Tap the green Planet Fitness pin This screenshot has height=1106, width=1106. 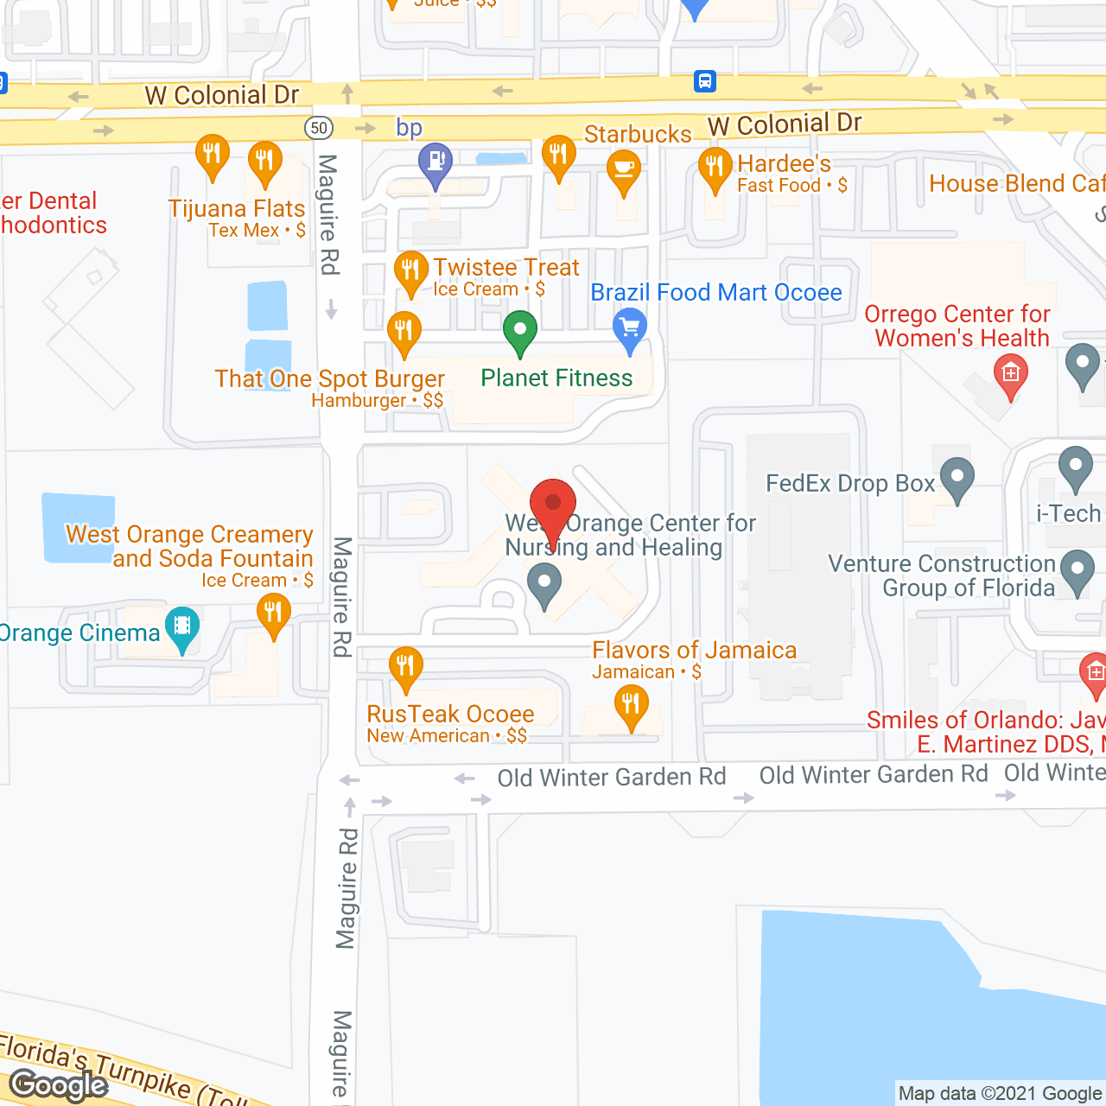click(520, 332)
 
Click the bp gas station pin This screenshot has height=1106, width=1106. click(435, 162)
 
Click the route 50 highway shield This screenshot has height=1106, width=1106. click(319, 128)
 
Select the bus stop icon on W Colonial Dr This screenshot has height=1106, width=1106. click(705, 81)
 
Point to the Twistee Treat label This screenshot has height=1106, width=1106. click(506, 268)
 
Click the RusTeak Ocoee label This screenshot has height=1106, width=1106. click(450, 715)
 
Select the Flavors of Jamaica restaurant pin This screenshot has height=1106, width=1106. click(632, 706)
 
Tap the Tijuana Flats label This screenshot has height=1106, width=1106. click(237, 209)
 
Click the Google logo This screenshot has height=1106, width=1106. click(59, 1085)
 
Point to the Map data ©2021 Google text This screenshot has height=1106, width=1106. click(1000, 1094)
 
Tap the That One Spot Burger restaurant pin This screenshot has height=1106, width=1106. click(404, 332)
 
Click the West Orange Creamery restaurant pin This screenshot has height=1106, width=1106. click(273, 615)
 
